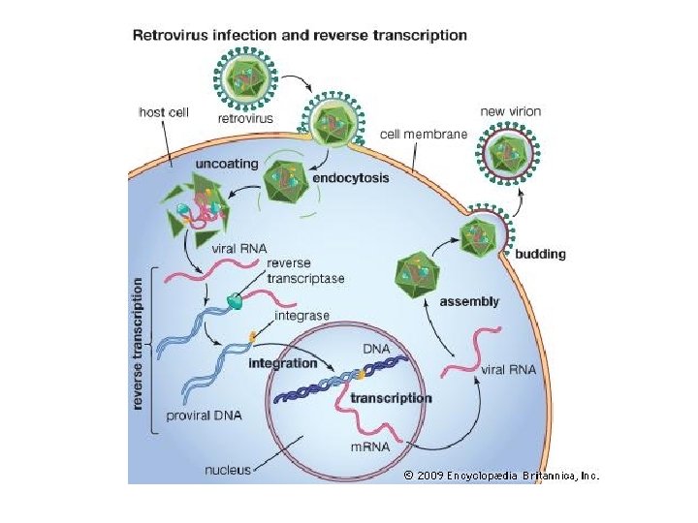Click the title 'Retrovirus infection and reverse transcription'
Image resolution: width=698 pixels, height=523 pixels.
(299, 36)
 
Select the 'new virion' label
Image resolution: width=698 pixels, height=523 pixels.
(511, 112)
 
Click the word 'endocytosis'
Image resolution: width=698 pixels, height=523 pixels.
(350, 178)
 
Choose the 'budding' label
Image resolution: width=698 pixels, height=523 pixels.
(539, 255)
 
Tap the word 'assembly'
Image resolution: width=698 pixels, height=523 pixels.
(470, 302)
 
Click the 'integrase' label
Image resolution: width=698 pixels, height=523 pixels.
(302, 316)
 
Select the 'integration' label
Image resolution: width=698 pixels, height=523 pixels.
(283, 363)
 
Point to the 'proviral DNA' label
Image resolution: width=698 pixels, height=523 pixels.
(203, 415)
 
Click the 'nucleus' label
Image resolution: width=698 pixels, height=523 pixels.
(226, 470)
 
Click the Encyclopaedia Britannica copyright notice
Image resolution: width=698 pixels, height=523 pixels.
(501, 476)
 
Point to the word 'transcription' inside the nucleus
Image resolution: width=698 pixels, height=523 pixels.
(391, 398)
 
